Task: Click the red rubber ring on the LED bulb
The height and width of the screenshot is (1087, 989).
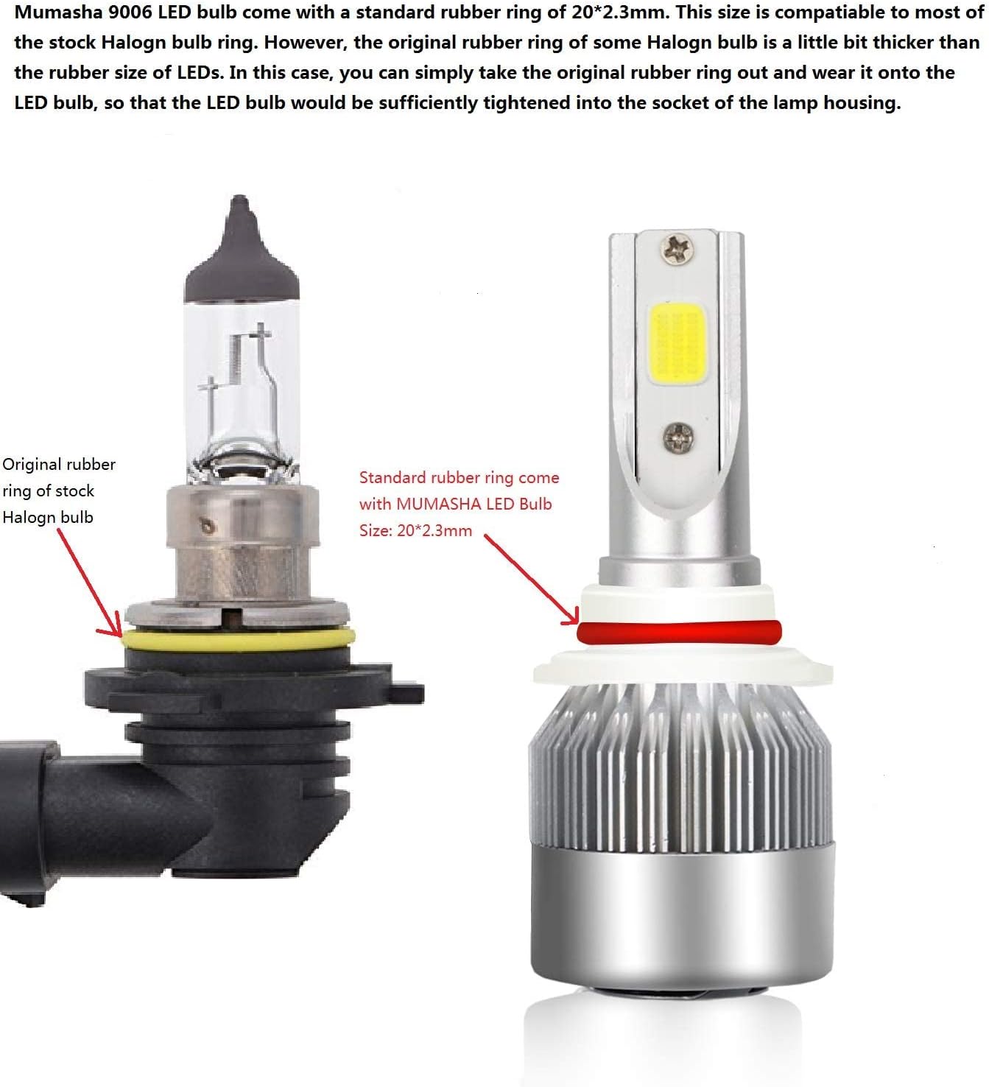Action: click(x=678, y=632)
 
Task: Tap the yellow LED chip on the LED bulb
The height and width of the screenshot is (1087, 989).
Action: click(x=677, y=344)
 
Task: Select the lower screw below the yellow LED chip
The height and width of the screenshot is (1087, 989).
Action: click(x=678, y=437)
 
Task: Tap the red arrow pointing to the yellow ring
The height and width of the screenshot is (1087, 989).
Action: click(x=89, y=583)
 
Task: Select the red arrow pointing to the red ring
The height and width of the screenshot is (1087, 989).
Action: click(x=532, y=580)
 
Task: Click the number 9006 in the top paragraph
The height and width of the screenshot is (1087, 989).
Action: click(x=130, y=13)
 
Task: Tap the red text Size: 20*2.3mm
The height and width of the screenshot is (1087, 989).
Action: click(x=415, y=530)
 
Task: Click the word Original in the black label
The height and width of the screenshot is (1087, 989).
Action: click(x=32, y=465)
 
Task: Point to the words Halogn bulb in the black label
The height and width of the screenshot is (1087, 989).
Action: click(x=48, y=518)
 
